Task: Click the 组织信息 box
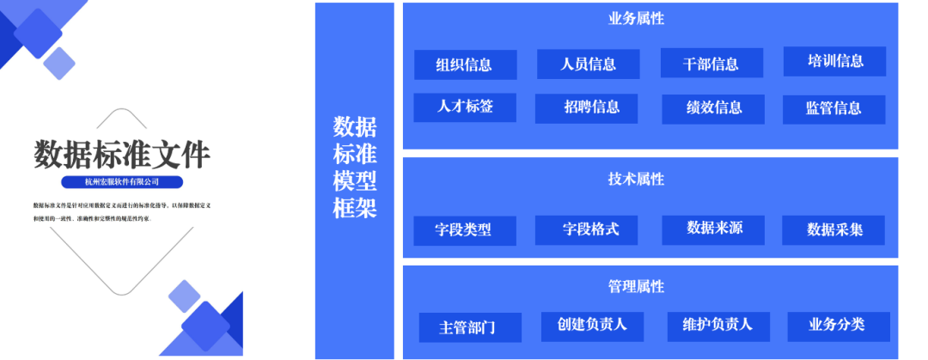(x=465, y=64)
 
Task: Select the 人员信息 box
(x=589, y=64)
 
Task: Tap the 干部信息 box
(x=711, y=64)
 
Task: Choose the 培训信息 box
(x=835, y=61)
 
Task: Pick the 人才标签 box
(x=465, y=107)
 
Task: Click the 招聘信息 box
(x=589, y=108)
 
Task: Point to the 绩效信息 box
(x=713, y=108)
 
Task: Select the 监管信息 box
(x=833, y=108)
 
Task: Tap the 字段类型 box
(x=464, y=230)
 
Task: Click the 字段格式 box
(x=589, y=229)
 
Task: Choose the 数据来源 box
(x=713, y=229)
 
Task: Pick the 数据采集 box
(x=833, y=229)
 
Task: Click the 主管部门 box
(x=468, y=327)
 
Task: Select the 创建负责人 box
(x=592, y=325)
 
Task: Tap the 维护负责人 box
(x=717, y=325)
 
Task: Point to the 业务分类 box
(x=838, y=325)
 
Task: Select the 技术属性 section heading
(x=636, y=179)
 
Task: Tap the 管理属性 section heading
(x=636, y=286)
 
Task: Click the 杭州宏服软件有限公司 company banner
(x=123, y=182)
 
